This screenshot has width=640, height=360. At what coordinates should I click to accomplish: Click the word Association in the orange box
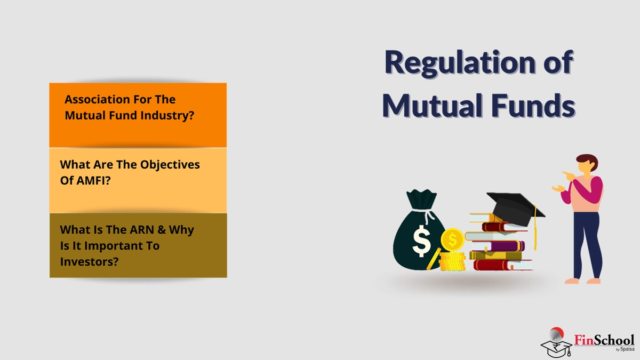[97, 100]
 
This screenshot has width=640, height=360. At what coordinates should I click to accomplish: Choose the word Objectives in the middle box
[170, 165]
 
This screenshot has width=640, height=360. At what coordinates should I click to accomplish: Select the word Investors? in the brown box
[89, 262]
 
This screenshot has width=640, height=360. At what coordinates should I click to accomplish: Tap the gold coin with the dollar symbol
[452, 240]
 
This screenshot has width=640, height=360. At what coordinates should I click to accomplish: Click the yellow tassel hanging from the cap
[535, 235]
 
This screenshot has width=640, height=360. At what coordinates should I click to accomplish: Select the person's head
[586, 164]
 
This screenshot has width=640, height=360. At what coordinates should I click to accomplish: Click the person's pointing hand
[565, 174]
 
